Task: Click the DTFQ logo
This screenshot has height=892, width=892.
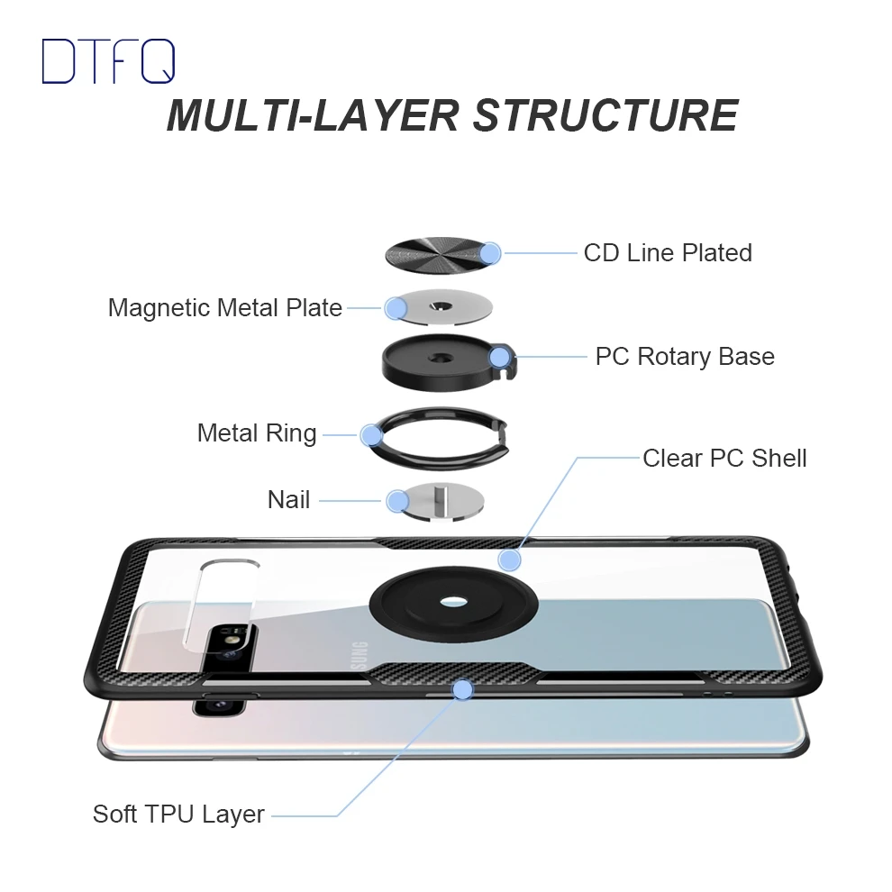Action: [108, 62]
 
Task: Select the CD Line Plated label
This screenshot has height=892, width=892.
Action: [667, 252]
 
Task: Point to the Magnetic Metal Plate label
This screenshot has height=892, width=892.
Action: [224, 308]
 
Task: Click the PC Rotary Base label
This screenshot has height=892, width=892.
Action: [684, 356]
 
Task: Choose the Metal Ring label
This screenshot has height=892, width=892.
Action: [257, 433]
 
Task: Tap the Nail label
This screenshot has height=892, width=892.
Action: [288, 499]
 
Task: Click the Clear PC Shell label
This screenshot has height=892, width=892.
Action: [724, 458]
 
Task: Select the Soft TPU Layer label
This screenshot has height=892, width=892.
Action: [178, 815]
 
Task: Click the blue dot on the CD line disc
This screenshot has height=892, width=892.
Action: [490, 253]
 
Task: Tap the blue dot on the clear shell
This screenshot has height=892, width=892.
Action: [510, 560]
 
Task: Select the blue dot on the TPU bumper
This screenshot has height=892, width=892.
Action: [463, 690]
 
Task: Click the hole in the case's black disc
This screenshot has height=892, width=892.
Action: [442, 608]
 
